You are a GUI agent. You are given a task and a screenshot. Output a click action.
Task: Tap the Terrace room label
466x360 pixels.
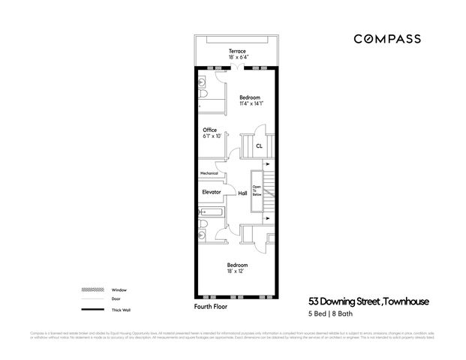click(x=237, y=51)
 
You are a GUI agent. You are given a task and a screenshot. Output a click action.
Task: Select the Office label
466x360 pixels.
click(x=209, y=130)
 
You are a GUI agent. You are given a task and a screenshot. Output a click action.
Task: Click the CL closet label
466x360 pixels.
click(x=258, y=145)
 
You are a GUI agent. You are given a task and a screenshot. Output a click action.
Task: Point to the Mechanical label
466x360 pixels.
click(x=209, y=173)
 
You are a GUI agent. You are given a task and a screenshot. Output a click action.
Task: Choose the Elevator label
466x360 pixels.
click(x=211, y=193)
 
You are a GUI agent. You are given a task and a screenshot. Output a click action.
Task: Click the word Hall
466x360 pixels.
click(x=242, y=193)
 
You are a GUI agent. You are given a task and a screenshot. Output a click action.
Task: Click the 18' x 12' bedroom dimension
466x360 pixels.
click(x=237, y=271)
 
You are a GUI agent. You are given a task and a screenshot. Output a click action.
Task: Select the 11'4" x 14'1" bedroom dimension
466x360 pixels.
click(x=251, y=104)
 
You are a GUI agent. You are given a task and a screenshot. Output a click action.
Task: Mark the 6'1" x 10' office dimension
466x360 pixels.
click(x=212, y=136)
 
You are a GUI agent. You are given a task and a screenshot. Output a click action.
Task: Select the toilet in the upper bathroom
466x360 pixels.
click(x=205, y=98)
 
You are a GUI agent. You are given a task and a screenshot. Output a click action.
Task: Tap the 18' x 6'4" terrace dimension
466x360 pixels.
click(x=237, y=58)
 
